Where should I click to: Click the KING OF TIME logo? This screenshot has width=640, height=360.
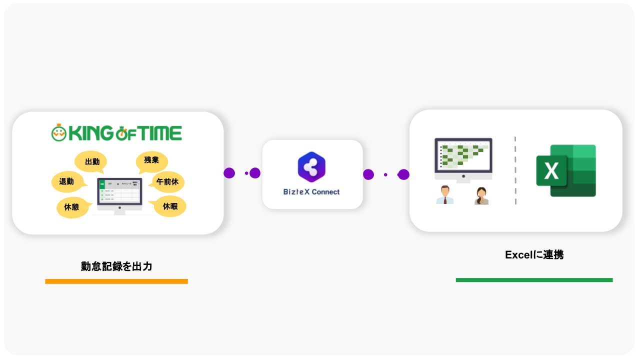coord(116,133)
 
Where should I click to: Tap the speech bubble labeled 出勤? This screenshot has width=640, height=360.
coord(91,161)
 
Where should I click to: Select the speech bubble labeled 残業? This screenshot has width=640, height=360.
coord(151,161)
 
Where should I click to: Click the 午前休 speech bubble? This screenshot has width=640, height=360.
coord(168,181)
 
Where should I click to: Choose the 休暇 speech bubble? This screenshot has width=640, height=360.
coord(170,206)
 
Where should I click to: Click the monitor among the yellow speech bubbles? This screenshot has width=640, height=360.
coord(119,195)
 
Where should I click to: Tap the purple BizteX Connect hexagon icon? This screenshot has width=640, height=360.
coord(311,167)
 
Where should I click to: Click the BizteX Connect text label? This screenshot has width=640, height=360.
coord(311,192)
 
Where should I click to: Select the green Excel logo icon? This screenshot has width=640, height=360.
coord(566,170)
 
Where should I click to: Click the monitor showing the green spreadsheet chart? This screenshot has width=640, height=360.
coord(463,157)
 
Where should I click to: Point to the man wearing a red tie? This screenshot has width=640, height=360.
coord(444,195)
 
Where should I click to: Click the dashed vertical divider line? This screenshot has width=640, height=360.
coord(515,170)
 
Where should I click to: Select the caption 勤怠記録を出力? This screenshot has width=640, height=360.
coord(116,266)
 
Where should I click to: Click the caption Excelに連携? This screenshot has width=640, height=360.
coord(534,254)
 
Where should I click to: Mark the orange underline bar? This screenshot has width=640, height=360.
coord(116,281)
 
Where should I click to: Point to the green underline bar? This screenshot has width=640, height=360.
coord(534,280)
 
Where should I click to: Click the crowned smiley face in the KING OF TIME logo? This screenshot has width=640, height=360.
coord(59,132)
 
